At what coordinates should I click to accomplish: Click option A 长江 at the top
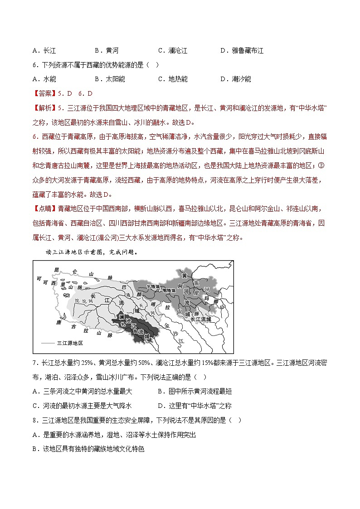tap(44, 51)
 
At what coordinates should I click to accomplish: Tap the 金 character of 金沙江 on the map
tap(167, 325)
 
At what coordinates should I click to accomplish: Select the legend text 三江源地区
tap(70, 344)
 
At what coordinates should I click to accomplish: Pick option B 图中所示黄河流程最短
tap(194, 391)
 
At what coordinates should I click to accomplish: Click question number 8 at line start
tap(35, 420)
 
